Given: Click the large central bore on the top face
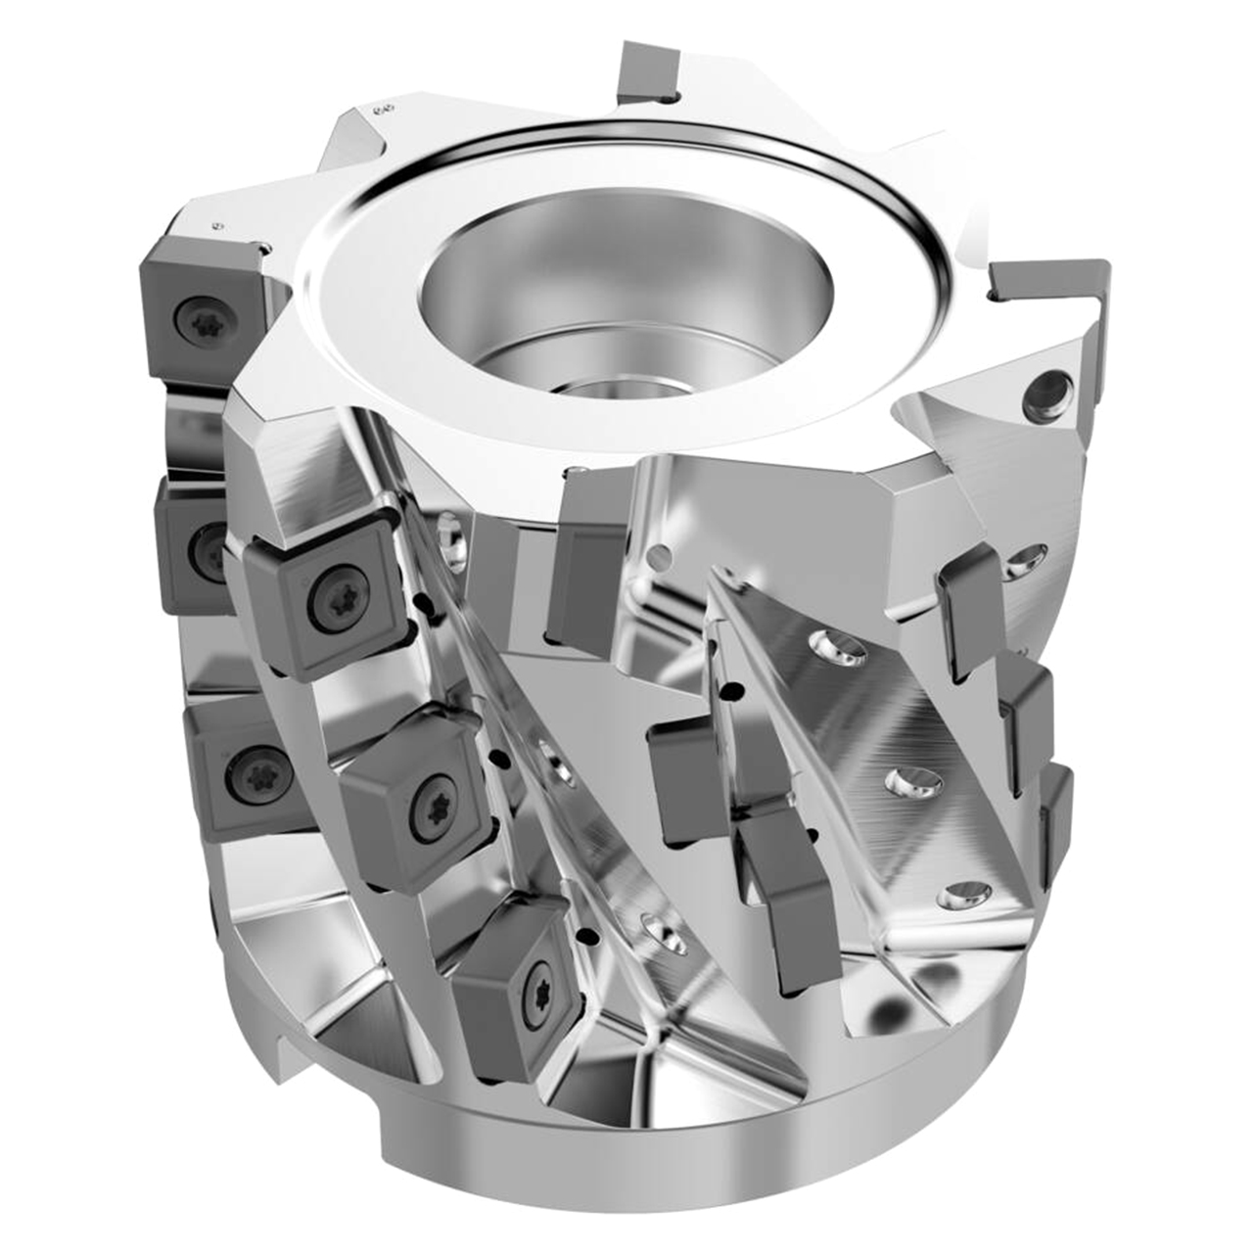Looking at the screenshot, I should click(x=626, y=294).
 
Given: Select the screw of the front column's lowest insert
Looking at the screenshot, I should click(x=537, y=978).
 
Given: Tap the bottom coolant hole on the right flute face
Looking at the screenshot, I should click(x=963, y=895).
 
